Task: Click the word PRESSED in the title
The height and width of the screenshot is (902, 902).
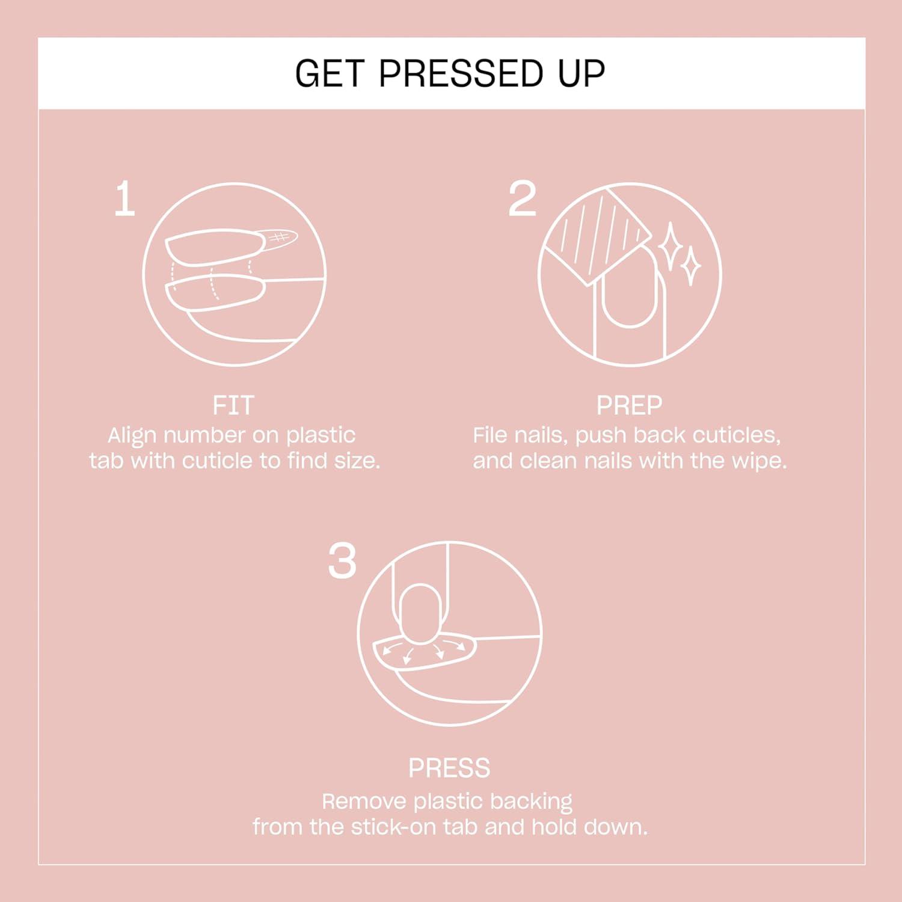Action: pyautogui.click(x=461, y=73)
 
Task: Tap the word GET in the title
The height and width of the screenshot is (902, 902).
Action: pyautogui.click(x=329, y=73)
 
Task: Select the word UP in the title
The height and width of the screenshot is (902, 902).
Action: pyautogui.click(x=581, y=73)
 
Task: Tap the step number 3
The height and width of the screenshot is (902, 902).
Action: pyautogui.click(x=342, y=562)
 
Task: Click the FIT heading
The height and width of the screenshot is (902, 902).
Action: pyautogui.click(x=233, y=405)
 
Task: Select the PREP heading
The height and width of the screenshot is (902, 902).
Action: pyautogui.click(x=629, y=405)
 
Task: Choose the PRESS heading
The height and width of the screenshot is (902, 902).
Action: pyautogui.click(x=449, y=768)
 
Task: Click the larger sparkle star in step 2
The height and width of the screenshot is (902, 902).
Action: pyautogui.click(x=670, y=247)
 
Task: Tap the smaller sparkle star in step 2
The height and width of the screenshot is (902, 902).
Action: pyautogui.click(x=691, y=265)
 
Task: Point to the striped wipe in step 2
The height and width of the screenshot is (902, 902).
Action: pyautogui.click(x=595, y=235)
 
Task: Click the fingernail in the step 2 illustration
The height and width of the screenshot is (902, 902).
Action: pyautogui.click(x=629, y=292)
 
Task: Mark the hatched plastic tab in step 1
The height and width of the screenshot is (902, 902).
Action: pyautogui.click(x=278, y=238)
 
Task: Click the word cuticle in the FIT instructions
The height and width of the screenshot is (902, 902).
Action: pyautogui.click(x=218, y=461)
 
